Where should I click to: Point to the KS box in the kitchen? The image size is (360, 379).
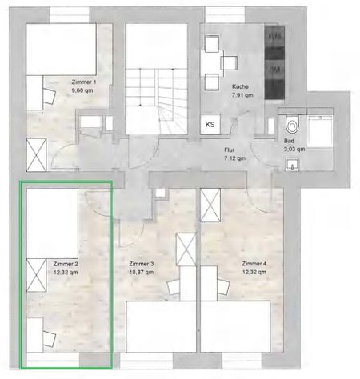click(x=210, y=124)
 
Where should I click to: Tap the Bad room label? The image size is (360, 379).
click(x=289, y=140)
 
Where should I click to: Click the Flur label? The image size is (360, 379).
click(x=234, y=150)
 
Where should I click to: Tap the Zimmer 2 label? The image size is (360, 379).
click(x=64, y=263)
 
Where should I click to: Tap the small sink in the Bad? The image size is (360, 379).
click(x=292, y=166)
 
